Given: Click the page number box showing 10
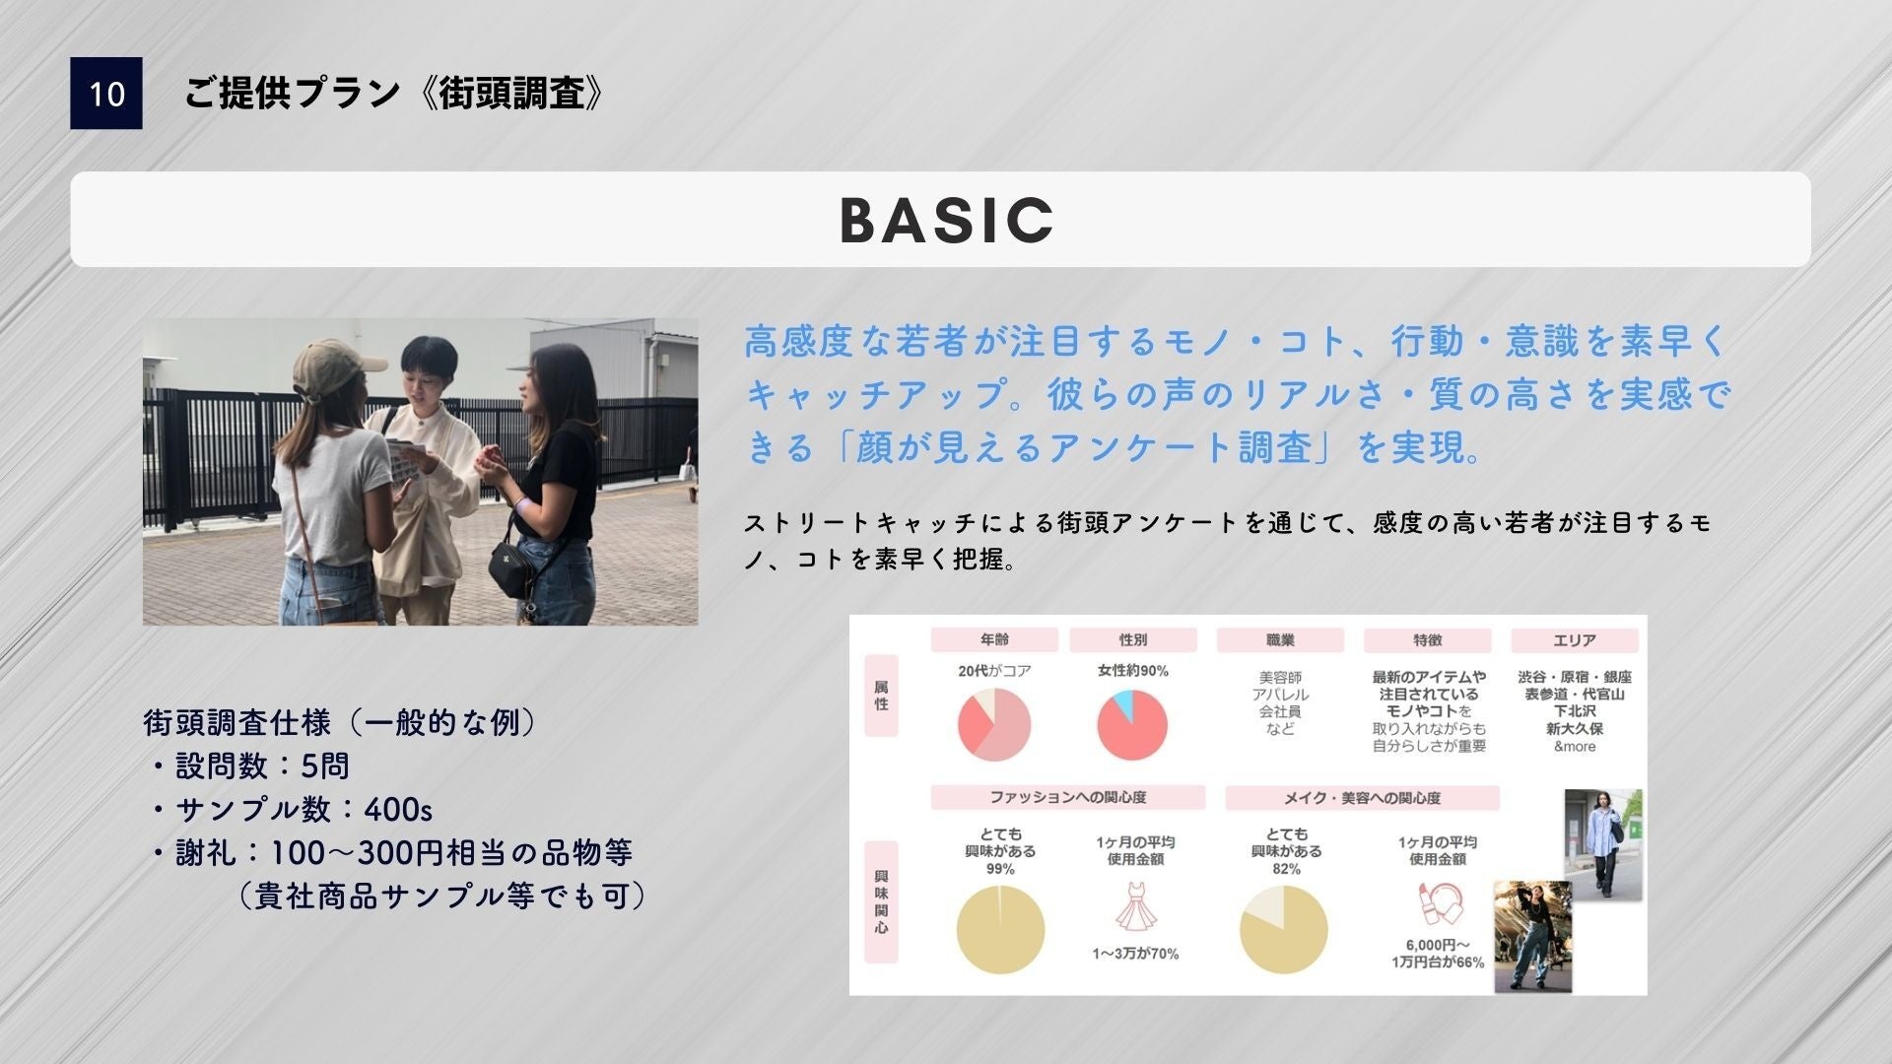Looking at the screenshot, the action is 106,94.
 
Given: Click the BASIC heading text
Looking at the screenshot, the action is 947,220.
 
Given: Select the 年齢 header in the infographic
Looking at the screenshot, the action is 994,640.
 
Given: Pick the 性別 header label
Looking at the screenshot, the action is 1133,640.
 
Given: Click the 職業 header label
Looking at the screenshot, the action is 1280,640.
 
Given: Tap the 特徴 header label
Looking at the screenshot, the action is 1427,640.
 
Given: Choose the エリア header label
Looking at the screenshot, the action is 1574,640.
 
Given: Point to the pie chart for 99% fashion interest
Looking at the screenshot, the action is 1000,930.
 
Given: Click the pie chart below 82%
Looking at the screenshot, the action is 1284,930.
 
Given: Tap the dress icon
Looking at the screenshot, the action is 1134,906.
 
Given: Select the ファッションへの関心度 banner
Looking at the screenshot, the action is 1068,797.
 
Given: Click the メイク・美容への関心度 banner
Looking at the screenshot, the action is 1363,797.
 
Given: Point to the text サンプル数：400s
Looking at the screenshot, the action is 304,810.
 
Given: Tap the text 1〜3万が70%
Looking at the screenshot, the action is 1135,954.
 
